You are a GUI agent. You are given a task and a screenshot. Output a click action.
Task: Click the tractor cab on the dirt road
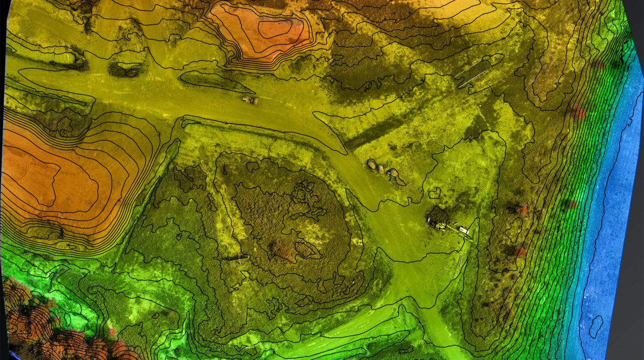247,100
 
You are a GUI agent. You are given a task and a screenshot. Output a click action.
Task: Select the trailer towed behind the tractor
255,101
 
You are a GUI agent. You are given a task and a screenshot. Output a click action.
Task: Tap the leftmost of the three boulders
371,163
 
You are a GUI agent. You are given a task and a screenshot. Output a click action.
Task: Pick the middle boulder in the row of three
381,168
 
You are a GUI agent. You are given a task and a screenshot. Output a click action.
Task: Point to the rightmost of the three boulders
392,173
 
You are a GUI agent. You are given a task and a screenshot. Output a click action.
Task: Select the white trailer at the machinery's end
464,230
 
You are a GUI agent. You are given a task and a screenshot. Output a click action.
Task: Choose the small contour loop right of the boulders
434,193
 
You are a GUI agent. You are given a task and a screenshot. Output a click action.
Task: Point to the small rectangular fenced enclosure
238,257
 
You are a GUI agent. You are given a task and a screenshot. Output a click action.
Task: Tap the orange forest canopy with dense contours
35,318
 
